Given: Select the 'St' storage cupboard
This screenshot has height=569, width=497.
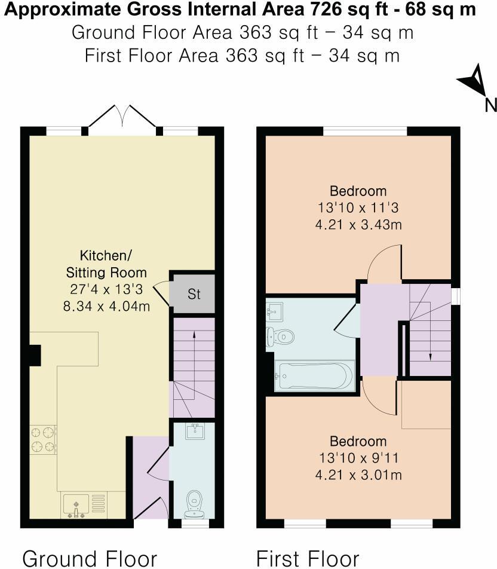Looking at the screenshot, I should click(x=193, y=293).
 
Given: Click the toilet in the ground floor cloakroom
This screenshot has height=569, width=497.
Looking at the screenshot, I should click(x=194, y=503).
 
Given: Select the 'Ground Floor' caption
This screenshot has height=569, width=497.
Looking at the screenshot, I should click(x=90, y=558).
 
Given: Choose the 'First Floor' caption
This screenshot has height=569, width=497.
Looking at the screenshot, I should click(x=308, y=558).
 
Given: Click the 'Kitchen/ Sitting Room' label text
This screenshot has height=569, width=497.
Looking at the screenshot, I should click(x=106, y=264).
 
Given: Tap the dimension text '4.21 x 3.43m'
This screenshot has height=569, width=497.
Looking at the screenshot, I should click(x=358, y=225).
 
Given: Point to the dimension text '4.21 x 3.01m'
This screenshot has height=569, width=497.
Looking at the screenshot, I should click(x=358, y=475).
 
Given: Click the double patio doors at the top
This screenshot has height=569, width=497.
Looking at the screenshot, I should click(x=123, y=117).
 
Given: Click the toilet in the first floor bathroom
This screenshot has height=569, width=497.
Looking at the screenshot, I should click(x=281, y=336).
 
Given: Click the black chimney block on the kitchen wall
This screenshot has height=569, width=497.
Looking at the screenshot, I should click(x=33, y=355).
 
